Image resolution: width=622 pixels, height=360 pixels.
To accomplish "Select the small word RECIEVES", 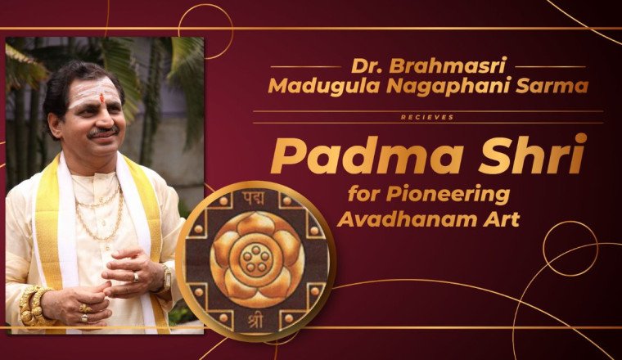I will coord(428,117).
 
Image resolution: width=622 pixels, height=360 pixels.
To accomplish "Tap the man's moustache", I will coord(102,132).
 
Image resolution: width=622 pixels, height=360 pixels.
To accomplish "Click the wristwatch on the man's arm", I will coord(165,279).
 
